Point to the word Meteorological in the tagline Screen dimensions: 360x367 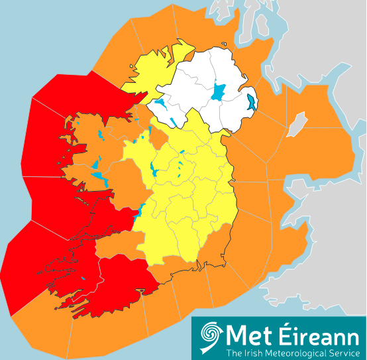(x=293, y=351)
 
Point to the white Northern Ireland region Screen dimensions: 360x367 (x=199, y=86)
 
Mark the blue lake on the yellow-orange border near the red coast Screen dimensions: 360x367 (x=141, y=213)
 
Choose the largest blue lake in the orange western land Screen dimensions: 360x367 (x=96, y=164)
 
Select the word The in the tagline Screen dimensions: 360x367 (x=234, y=351)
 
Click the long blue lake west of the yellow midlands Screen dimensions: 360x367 (x=153, y=168)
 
